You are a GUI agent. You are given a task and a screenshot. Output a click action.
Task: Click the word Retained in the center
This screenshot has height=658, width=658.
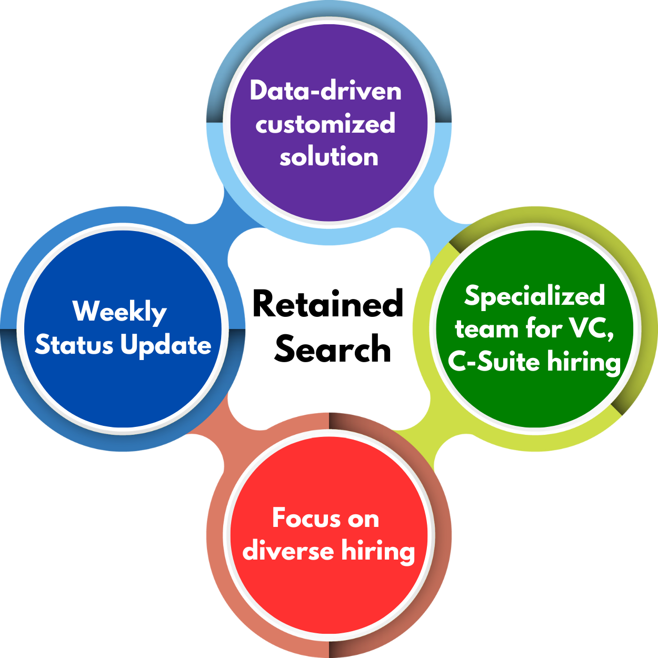pyautogui.click(x=328, y=304)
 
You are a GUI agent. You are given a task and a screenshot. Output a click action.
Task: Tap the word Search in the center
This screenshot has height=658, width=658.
pyautogui.click(x=333, y=349)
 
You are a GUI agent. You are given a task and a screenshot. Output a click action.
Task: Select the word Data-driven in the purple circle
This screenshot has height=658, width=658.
pyautogui.click(x=326, y=91)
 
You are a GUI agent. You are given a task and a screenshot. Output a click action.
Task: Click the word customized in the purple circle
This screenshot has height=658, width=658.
pyautogui.click(x=325, y=124)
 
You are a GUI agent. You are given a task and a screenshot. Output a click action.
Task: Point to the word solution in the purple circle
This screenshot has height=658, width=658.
pyautogui.click(x=329, y=157)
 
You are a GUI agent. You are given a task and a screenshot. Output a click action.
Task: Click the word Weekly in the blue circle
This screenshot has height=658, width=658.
pyautogui.click(x=120, y=312)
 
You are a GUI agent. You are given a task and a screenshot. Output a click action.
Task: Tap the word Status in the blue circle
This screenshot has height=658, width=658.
pyautogui.click(x=74, y=345)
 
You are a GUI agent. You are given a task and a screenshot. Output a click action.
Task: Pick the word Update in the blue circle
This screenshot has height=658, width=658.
pyautogui.click(x=166, y=346)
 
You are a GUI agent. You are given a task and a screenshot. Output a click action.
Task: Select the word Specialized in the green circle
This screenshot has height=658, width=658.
pyautogui.click(x=535, y=296)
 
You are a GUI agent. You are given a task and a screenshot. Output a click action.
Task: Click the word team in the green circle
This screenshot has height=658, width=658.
pyautogui.click(x=487, y=329)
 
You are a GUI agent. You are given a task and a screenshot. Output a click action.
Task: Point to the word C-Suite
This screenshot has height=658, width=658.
pyautogui.click(x=494, y=362)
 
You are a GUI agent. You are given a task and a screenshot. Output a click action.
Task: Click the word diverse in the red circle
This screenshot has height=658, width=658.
pyautogui.click(x=288, y=551)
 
